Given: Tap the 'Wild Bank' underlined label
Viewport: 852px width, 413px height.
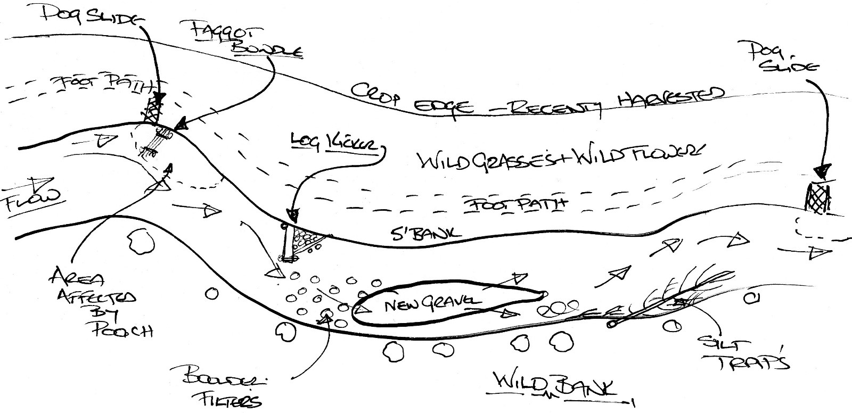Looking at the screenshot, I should tap(551, 385).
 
